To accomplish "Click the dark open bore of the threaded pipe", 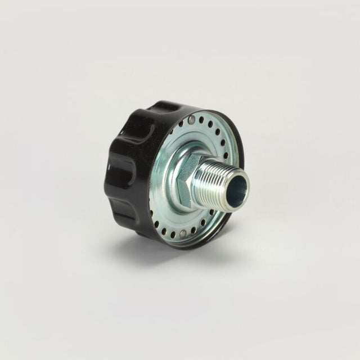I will [238, 184].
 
